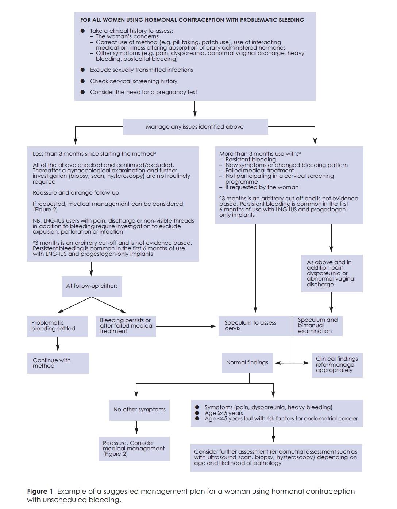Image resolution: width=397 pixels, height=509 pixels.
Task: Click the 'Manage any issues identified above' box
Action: point(195,127)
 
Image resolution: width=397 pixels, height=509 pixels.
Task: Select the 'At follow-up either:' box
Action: point(92,286)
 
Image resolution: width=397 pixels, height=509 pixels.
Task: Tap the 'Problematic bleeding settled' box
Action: point(57,326)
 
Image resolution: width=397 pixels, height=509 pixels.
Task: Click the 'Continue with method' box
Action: point(58,363)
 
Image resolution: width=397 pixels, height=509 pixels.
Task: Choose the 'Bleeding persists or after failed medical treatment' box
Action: point(126,326)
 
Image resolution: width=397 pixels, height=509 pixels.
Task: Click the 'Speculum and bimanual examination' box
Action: point(317,326)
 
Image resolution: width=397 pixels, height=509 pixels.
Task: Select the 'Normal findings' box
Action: point(247,363)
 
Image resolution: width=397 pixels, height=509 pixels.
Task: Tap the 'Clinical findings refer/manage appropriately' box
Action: point(337,365)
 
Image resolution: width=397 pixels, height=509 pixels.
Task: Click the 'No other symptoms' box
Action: point(139,410)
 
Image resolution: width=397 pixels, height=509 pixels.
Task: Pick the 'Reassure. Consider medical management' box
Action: point(134,449)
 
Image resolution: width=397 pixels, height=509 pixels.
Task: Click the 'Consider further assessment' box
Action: point(276,457)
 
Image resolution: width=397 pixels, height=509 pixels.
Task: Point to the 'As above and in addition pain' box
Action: point(332,273)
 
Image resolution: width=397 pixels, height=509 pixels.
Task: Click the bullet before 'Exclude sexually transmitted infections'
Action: point(83,70)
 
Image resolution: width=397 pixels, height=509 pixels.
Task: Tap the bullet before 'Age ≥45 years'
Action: point(197,413)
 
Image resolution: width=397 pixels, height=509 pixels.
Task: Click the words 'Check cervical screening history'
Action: point(134,81)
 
